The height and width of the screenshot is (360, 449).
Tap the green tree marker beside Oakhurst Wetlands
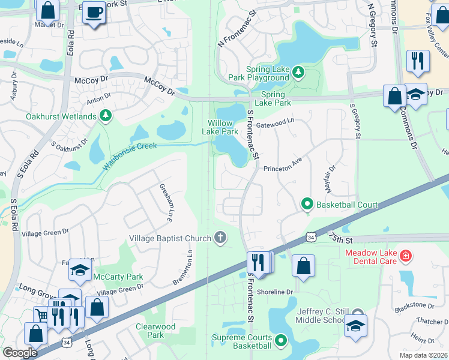pyautogui.click(x=106, y=115)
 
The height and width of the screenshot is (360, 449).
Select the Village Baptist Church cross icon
pyautogui.click(x=220, y=238)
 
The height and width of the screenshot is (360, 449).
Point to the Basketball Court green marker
pyautogui.click(x=307, y=205)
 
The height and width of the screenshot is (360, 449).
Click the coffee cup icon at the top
pyautogui.click(x=93, y=13)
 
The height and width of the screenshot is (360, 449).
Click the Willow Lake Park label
pyautogui.click(x=219, y=127)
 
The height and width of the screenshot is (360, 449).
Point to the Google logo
pyautogui.click(x=20, y=352)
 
